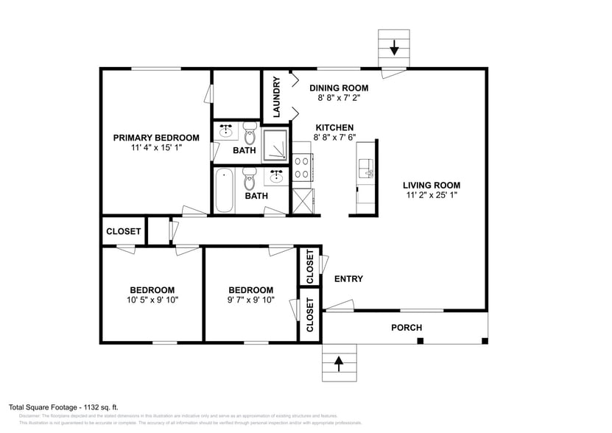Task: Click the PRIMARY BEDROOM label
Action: [155, 138]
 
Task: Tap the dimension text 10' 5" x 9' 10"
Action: [152, 300]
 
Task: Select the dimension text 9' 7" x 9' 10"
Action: [250, 300]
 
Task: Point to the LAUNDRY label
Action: [277, 97]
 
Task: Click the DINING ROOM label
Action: [338, 88]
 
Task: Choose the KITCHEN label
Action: [334, 127]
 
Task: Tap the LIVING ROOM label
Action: [431, 186]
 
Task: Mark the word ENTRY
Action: [348, 279]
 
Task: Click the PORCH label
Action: [406, 328]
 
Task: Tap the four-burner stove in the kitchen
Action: [302, 169]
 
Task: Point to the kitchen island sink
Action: [366, 169]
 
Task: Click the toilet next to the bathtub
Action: [250, 180]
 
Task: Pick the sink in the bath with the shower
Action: [226, 132]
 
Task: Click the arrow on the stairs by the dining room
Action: [394, 49]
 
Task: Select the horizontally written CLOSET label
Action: [123, 231]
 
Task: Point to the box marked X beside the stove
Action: [303, 200]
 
